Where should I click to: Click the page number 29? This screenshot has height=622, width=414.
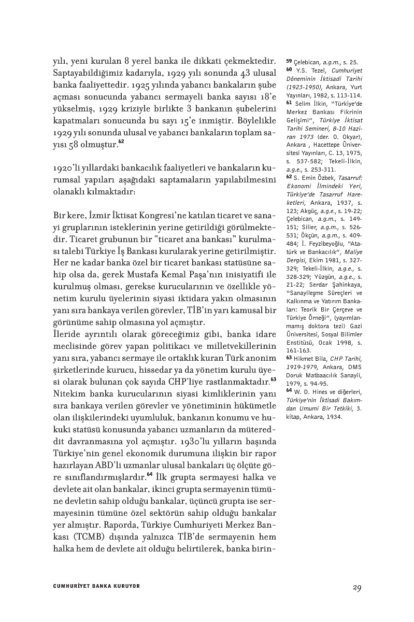[355, 587]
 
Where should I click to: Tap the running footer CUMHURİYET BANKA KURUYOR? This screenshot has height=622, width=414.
[97, 586]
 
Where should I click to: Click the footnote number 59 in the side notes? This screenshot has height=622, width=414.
[289, 61]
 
